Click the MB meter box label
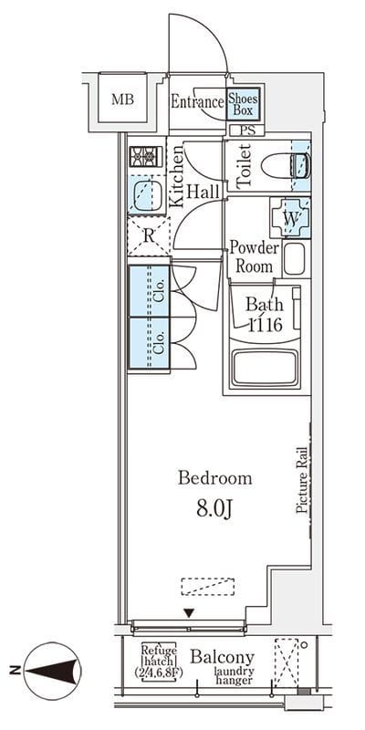(123, 99)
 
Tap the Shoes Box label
(243, 104)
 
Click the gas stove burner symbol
(145, 156)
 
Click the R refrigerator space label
(149, 235)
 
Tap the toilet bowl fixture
(285, 166)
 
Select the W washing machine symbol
(290, 218)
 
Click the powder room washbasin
(294, 259)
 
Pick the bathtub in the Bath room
(265, 368)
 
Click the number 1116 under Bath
(265, 325)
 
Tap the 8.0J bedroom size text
(214, 509)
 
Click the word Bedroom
(215, 478)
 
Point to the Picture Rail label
(303, 480)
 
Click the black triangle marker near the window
(189, 613)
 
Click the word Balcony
(223, 658)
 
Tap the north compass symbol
(52, 671)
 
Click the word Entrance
(197, 101)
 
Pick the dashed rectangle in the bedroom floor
(208, 587)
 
